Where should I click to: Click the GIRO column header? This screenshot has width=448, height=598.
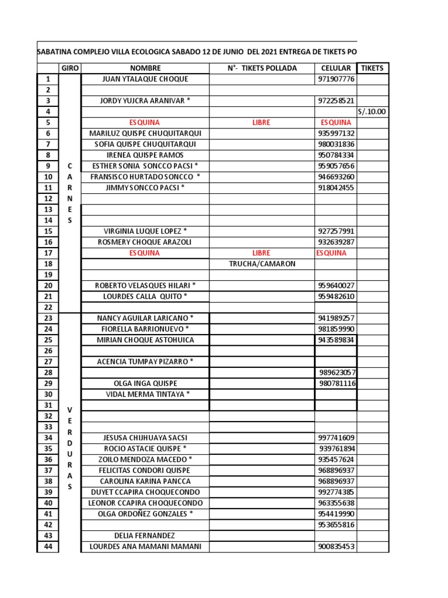(71, 68)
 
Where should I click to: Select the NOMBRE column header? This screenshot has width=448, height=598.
(145, 68)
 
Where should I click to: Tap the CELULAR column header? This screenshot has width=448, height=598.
(336, 68)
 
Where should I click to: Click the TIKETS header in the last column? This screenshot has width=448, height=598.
(372, 68)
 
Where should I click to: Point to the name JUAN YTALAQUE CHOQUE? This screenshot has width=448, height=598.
(145, 79)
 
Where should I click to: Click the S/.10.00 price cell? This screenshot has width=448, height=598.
(372, 112)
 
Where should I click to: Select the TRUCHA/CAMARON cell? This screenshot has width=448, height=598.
(261, 263)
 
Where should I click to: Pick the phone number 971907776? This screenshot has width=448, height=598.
(336, 79)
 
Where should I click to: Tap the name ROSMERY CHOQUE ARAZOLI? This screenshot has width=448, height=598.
(145, 242)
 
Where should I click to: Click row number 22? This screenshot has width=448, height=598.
(48, 307)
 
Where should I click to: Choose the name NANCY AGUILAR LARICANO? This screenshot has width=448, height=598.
(145, 318)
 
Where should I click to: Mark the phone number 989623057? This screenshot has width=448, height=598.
(338, 373)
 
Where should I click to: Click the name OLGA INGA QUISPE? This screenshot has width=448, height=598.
(145, 383)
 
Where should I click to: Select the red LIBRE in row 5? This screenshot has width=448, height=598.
(261, 123)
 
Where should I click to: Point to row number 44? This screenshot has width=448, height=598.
(48, 547)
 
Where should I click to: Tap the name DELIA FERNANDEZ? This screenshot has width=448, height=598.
(145, 536)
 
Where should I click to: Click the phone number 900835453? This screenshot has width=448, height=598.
(336, 547)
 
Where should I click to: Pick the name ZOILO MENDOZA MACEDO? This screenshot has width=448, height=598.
(145, 460)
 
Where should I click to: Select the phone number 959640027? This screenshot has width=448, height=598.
(336, 286)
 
